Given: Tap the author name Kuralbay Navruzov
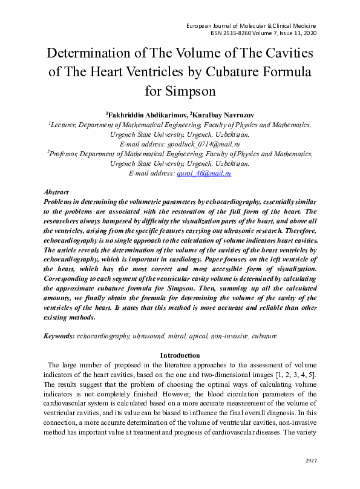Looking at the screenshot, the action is pos(223,114).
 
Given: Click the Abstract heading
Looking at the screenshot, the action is pos(56,192).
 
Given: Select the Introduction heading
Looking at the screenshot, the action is pos(180,355).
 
